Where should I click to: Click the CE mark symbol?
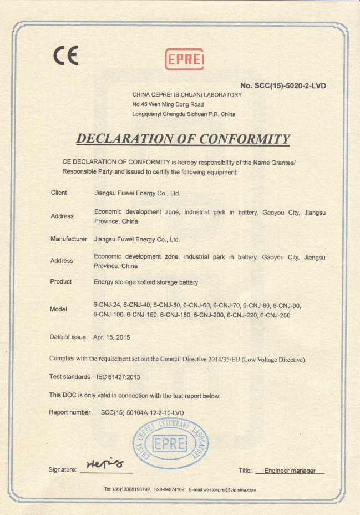pos(65,55)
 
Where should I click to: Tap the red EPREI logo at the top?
pos(185,59)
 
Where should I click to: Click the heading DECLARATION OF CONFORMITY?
pos(183,139)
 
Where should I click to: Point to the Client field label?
pos(59,193)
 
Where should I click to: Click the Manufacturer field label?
pos(69,239)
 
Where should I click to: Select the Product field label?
pos(61,282)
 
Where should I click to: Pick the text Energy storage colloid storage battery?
pos(146,282)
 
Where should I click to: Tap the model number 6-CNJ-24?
pos(107,305)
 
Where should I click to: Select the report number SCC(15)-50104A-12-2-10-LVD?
pos(143,412)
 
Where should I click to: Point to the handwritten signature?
pos(105,464)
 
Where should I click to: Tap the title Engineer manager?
pos(290,471)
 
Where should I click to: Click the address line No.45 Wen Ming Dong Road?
pos(168,104)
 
